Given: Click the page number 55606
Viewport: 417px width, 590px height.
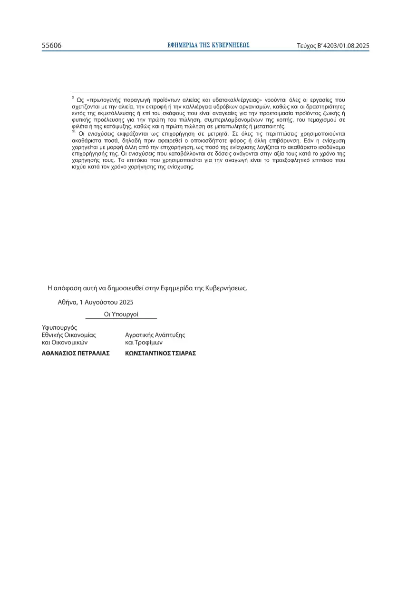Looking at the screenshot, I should [x=52, y=46].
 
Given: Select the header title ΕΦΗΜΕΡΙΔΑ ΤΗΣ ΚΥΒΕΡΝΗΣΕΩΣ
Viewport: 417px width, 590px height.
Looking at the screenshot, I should [x=209, y=45].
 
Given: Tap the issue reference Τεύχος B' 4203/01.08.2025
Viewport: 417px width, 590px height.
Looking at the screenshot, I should [x=333, y=46].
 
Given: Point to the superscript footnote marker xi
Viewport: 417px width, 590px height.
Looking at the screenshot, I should [x=74, y=132].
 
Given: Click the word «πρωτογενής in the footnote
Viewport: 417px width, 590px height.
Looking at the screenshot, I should [x=104, y=100].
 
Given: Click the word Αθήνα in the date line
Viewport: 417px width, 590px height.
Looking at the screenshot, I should [x=68, y=302].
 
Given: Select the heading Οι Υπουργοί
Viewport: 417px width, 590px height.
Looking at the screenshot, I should [x=121, y=315].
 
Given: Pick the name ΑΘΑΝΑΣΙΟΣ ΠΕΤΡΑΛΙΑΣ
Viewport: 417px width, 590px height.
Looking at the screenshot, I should [x=76, y=354].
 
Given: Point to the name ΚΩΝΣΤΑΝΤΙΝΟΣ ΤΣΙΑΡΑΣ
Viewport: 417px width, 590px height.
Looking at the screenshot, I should [x=161, y=354].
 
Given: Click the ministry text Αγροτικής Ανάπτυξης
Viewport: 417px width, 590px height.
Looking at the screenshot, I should [x=155, y=335].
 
